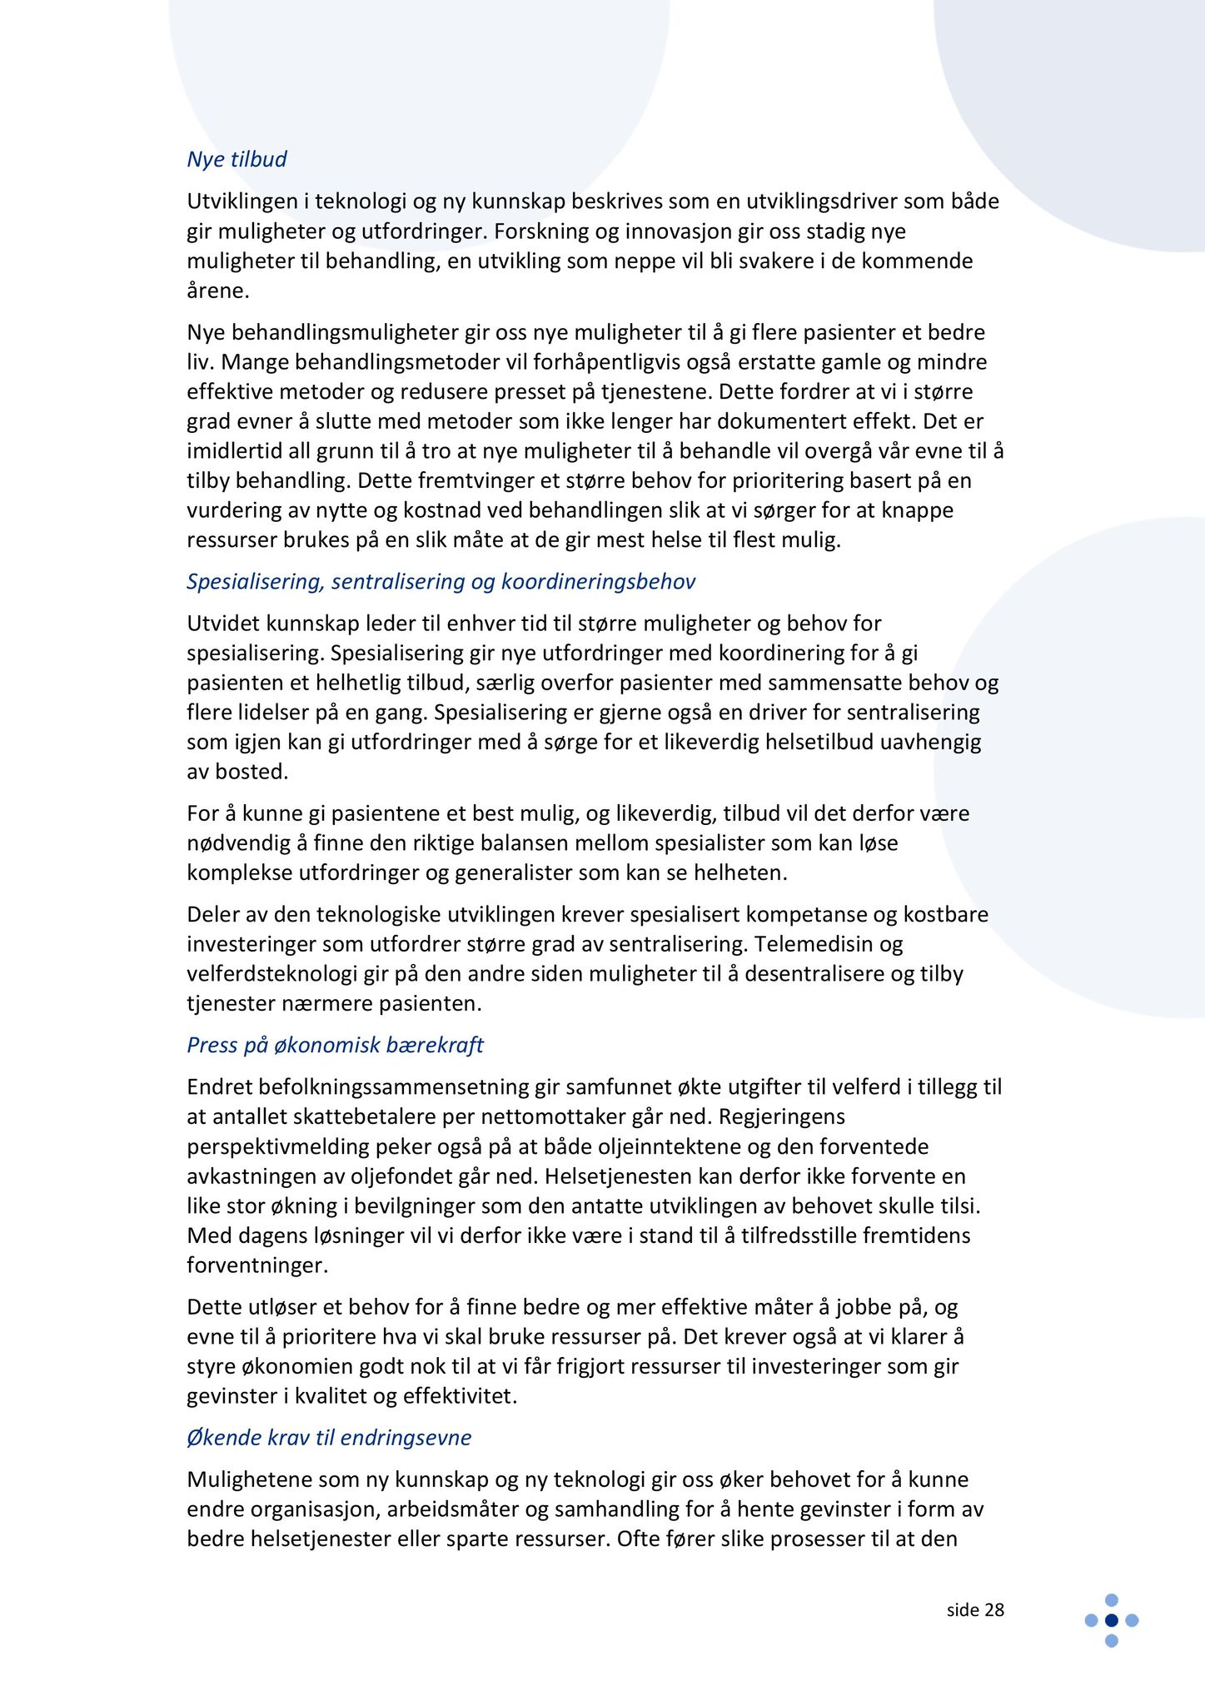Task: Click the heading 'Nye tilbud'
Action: pos(237,159)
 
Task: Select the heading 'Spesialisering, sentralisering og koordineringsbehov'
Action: pos(441,581)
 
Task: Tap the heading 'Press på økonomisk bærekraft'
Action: pos(335,1045)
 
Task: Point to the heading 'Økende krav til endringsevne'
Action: pos(329,1437)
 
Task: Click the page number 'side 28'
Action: pos(975,1609)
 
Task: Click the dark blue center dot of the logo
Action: pos(1111,1619)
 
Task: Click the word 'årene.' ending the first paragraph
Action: pos(218,291)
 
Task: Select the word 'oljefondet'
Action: pos(395,1176)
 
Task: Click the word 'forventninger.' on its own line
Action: pos(257,1265)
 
